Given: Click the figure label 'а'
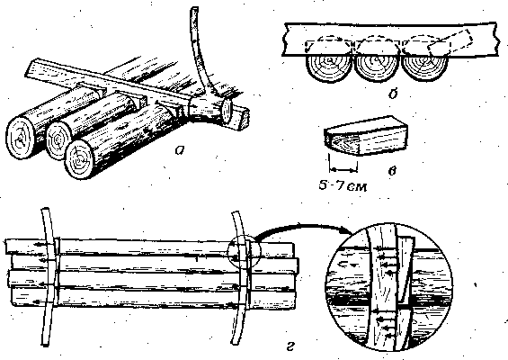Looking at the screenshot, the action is (x=180, y=149).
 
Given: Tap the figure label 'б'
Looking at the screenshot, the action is (x=393, y=94).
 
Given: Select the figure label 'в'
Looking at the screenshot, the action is (x=392, y=171).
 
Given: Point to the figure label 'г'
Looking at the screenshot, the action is (x=290, y=346).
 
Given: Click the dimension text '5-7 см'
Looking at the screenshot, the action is (x=343, y=185).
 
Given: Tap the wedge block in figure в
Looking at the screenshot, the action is (x=366, y=136).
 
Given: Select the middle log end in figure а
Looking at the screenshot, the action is (x=58, y=140).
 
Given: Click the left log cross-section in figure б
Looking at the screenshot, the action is (x=329, y=67).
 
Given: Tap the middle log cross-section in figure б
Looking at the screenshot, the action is (x=377, y=67).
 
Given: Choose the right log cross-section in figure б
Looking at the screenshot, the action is (x=424, y=67).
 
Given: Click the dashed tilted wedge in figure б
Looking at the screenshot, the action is (x=450, y=43).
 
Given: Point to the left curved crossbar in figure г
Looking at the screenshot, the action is (x=49, y=276).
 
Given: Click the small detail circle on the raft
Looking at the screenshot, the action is (x=244, y=252).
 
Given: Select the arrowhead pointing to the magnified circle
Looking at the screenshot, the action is (x=348, y=231).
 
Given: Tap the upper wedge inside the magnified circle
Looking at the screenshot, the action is (x=405, y=269).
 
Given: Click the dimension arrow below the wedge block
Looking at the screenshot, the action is (x=343, y=169).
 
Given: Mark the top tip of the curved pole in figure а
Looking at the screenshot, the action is (x=194, y=8).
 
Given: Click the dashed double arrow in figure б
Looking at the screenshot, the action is (x=329, y=40).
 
